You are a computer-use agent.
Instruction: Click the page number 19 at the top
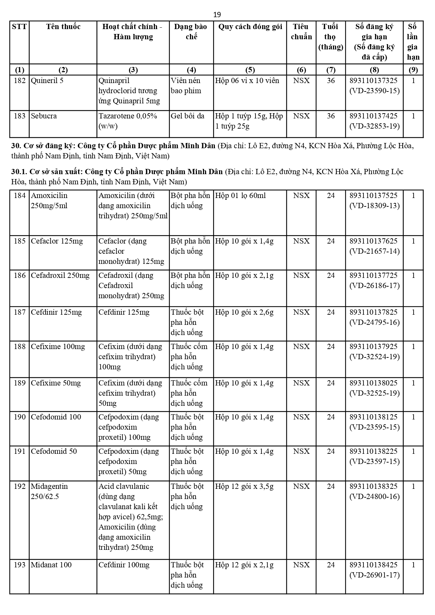tap(217, 15)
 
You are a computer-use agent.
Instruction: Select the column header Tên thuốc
tap(63, 27)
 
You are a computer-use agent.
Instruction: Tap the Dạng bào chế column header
tap(191, 32)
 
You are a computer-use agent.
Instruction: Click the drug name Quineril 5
tap(47, 81)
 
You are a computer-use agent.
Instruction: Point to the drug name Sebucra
tap(43, 116)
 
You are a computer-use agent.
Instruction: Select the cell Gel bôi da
tap(187, 116)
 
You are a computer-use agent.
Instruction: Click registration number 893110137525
tap(374, 196)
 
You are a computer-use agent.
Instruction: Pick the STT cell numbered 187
tap(20, 312)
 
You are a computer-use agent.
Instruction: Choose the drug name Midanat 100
tap(51, 565)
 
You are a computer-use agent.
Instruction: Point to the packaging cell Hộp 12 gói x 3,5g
tap(244, 486)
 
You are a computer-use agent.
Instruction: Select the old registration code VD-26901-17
tap(374, 575)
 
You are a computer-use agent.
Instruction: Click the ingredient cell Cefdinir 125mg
tap(124, 312)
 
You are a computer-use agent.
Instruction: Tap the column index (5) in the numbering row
tap(250, 70)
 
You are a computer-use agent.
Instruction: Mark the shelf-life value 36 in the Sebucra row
tap(331, 116)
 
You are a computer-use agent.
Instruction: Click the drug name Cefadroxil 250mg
tap(60, 275)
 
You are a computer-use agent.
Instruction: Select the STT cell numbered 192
tap(20, 486)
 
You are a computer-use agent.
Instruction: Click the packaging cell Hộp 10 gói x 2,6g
tap(244, 312)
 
